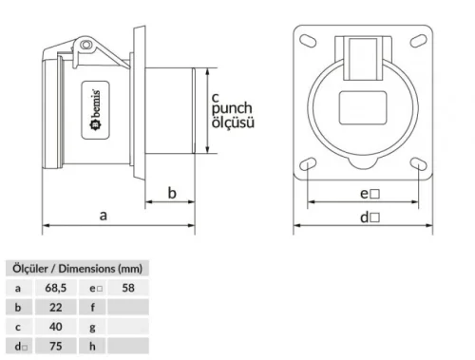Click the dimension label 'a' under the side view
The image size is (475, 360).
tap(104, 215)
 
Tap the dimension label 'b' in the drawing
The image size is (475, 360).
tap(172, 193)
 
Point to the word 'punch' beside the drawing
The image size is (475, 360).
tap(236, 109)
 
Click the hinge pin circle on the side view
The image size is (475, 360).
tap(85, 46)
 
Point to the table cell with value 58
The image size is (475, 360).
tap(128, 287)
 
